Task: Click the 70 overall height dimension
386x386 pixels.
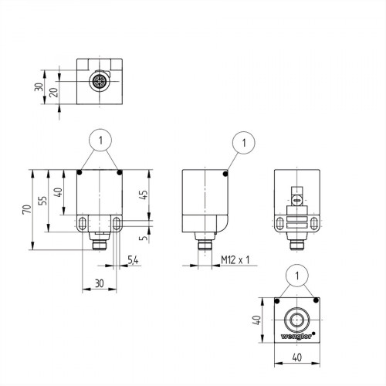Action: click(25, 209)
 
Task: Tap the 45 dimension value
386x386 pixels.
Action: click(144, 195)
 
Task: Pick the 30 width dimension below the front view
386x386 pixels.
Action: click(99, 283)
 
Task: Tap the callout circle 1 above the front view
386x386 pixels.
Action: click(100, 141)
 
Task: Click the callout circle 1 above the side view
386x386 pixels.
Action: click(243, 141)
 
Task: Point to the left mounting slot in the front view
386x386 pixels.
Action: click(83, 224)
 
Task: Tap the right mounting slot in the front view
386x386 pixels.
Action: click(117, 224)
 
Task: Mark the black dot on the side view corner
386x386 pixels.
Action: click(225, 174)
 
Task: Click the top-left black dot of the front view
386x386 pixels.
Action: click(80, 173)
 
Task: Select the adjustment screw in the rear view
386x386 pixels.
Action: click(296, 201)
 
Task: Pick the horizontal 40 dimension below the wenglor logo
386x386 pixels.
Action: click(296, 357)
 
